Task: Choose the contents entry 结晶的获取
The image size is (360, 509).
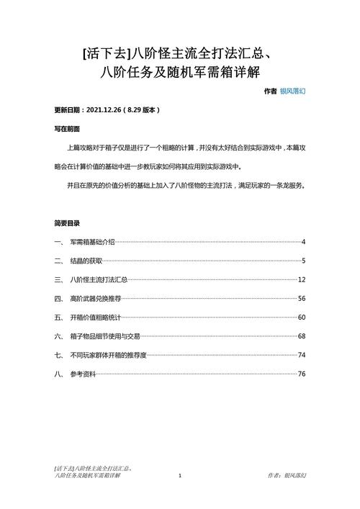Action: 86,261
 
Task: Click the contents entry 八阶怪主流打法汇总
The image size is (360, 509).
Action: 99,279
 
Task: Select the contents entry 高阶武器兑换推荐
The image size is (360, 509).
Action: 95,298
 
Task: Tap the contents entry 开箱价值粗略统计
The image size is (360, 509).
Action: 95,317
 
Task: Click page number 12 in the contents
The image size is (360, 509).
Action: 302,279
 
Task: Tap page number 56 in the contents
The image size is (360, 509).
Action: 302,298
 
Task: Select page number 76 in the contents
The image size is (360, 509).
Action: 302,374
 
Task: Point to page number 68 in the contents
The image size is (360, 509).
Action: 302,336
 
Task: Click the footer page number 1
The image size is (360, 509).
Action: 180,476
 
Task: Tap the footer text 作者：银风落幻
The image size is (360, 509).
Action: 286,476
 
